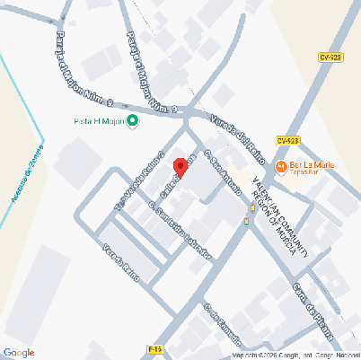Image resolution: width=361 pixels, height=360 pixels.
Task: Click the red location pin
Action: click(x=180, y=168)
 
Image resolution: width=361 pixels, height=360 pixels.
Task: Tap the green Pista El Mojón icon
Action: click(x=133, y=120)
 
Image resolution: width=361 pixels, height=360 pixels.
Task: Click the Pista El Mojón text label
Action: click(x=98, y=120)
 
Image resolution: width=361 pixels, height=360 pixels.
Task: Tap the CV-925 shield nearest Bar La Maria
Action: click(x=286, y=140)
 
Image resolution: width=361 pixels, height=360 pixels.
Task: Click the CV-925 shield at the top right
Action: click(x=330, y=57)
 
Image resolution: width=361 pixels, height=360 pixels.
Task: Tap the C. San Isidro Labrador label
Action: click(x=180, y=229)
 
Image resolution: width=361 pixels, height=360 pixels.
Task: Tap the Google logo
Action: click(x=19, y=351)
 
